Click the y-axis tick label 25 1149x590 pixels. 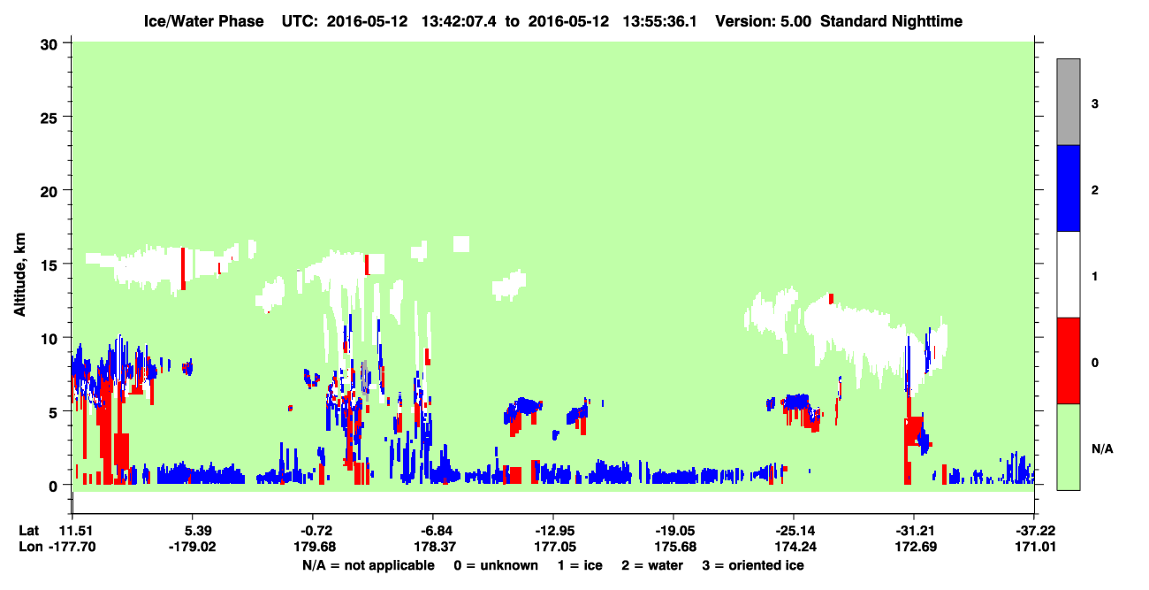[x=48, y=118]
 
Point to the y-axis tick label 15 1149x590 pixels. [x=48, y=265]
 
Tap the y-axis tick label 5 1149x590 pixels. [x=52, y=413]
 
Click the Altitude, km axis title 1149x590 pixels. [x=19, y=274]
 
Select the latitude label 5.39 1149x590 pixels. [x=193, y=531]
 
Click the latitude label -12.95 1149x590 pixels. [x=554, y=531]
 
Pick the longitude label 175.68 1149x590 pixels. [x=675, y=547]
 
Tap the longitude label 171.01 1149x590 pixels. [x=1035, y=547]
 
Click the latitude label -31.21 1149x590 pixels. [x=915, y=531]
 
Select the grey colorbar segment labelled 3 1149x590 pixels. [x=1068, y=102]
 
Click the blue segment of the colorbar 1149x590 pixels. [x=1068, y=188]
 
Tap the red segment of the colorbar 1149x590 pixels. [x=1068, y=361]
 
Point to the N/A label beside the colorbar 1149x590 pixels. [x=1102, y=448]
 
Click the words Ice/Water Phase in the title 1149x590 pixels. [x=203, y=21]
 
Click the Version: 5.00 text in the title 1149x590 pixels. [x=764, y=21]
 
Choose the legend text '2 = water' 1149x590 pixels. [x=652, y=565]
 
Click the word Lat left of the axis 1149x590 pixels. [x=28, y=531]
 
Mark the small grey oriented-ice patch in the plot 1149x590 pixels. [x=365, y=380]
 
